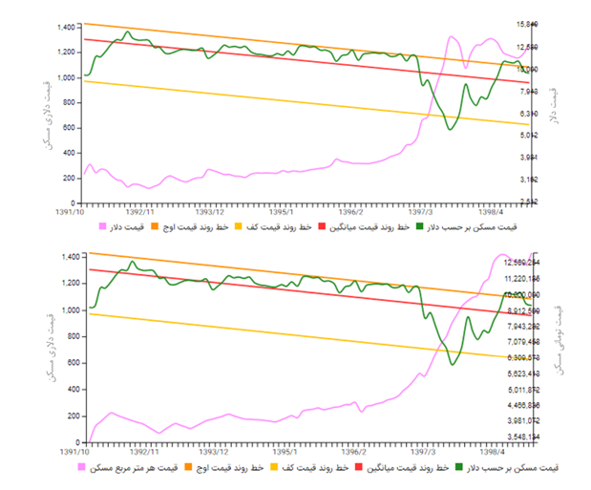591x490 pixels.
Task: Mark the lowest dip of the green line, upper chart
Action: click(x=451, y=129)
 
